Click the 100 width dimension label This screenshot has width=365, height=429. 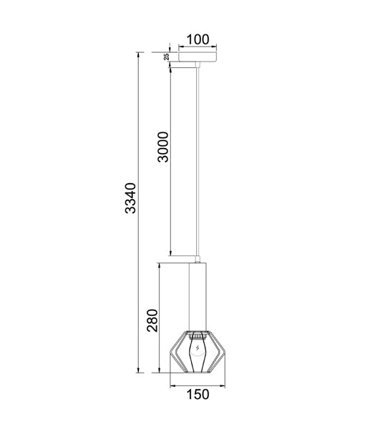[x=198, y=39]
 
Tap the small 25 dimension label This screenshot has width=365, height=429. [x=166, y=56]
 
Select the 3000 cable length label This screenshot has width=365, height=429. [x=163, y=147]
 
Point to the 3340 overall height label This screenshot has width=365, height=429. [x=130, y=198]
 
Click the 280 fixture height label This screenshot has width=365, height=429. [x=152, y=320]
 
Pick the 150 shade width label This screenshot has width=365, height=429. [x=198, y=394]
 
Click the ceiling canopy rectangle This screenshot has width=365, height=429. [x=198, y=56]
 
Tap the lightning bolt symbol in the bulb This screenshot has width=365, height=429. [x=198, y=348]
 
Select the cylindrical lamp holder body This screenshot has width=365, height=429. [x=198, y=297]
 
